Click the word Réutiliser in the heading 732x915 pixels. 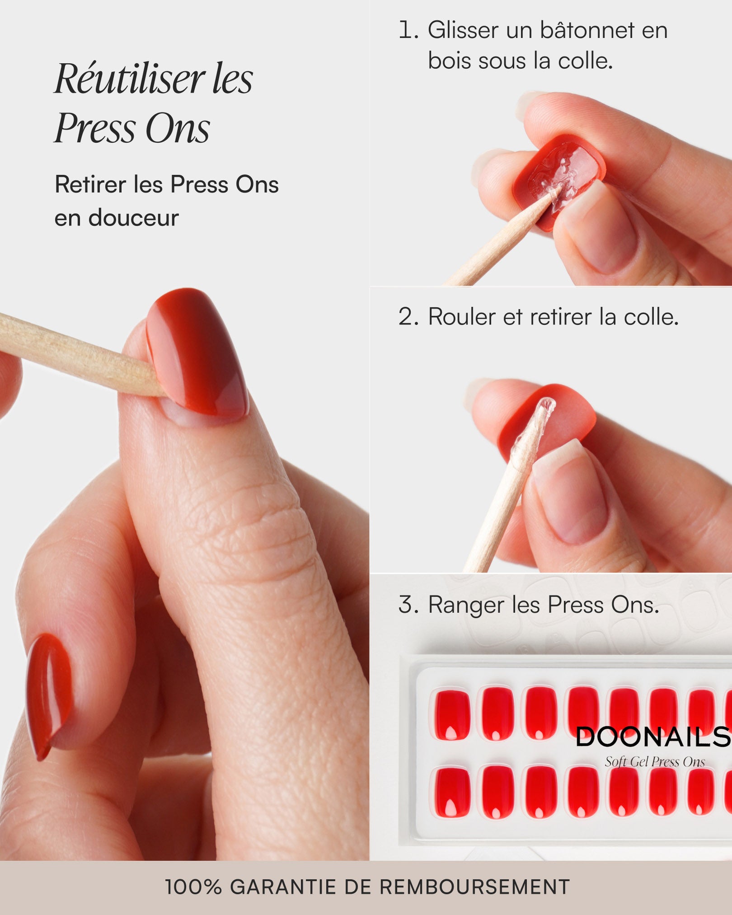tap(129, 80)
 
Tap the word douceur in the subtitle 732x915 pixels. tap(134, 218)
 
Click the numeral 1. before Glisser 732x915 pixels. tap(408, 31)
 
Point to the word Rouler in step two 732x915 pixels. tap(462, 317)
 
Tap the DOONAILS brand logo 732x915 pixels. tap(652, 737)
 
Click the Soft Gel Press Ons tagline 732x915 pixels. tap(655, 762)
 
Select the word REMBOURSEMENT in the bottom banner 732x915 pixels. tap(474, 887)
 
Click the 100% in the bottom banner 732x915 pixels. tap(193, 887)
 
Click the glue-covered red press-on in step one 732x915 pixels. tap(558, 178)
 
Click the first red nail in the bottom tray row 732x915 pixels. tap(452, 793)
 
